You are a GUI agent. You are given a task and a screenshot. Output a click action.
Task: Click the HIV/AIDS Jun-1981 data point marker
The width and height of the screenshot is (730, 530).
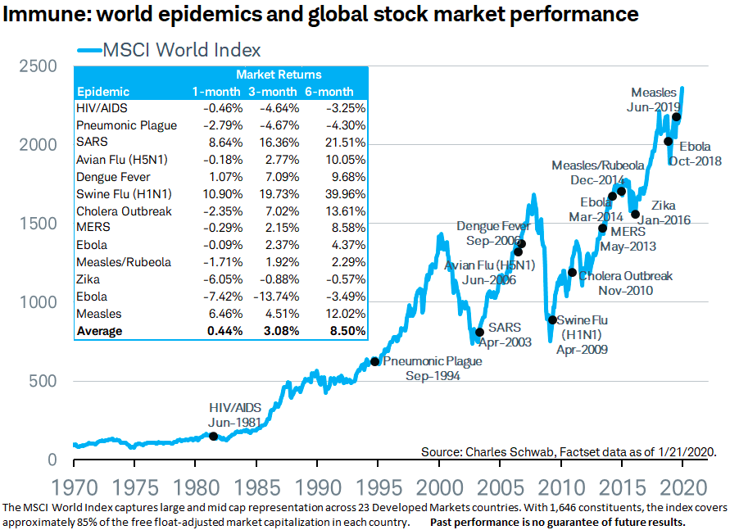[214, 436]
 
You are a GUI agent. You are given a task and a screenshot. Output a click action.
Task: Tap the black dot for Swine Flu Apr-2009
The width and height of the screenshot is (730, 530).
[552, 320]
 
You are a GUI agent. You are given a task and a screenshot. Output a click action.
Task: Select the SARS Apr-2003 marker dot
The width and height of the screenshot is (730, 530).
[479, 332]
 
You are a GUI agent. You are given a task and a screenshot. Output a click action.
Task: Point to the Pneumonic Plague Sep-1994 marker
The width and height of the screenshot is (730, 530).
[374, 361]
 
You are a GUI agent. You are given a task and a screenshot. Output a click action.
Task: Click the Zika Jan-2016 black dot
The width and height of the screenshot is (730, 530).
[635, 215]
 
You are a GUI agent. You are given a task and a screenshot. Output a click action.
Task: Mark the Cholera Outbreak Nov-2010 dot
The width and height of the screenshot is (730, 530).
[572, 273]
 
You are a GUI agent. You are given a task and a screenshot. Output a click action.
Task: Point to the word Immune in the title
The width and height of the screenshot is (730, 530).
[40, 14]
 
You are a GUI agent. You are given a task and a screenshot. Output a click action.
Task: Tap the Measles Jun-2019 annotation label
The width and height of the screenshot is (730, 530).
[655, 99]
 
